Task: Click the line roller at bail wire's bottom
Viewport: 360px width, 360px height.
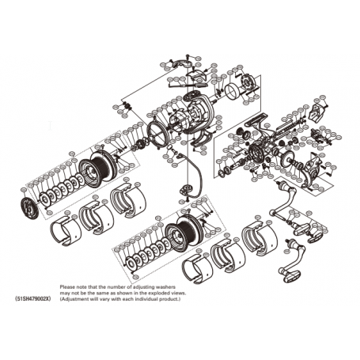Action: [x=187, y=190]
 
